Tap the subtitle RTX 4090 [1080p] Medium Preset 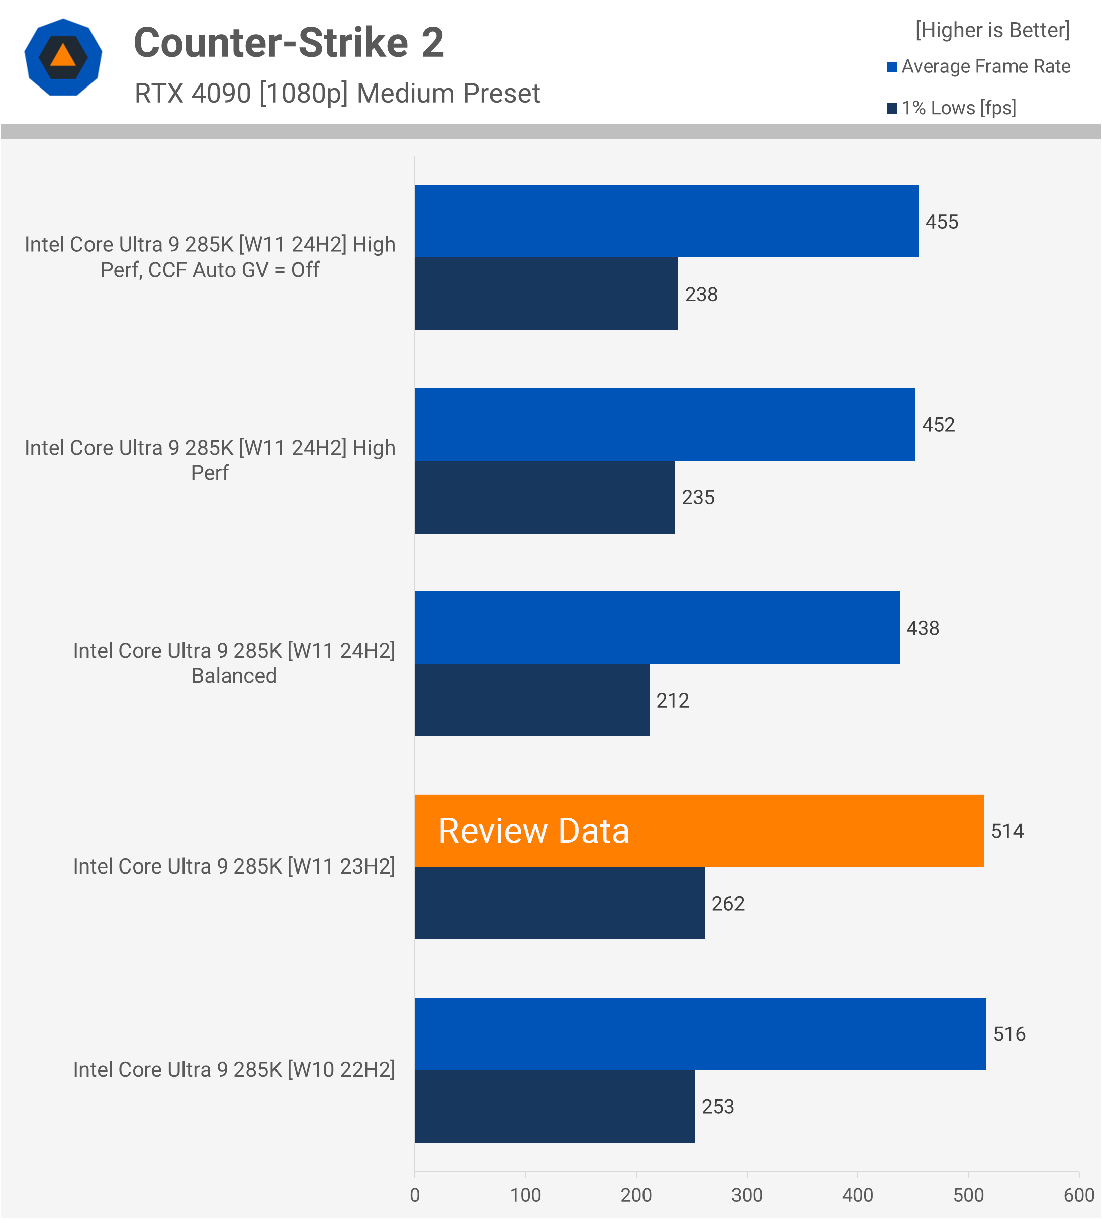337,93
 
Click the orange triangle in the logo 63,56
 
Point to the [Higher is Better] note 992,30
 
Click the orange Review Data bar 699,830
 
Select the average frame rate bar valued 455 666,221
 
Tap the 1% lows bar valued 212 532,700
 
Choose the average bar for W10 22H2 700,1033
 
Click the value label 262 727,903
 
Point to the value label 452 938,424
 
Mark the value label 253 717,1106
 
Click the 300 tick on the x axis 747,1195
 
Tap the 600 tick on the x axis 1078,1195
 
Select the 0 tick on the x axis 415,1195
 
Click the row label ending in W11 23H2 234,866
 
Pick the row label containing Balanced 234,663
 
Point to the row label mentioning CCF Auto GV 210,257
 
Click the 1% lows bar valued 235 544,497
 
